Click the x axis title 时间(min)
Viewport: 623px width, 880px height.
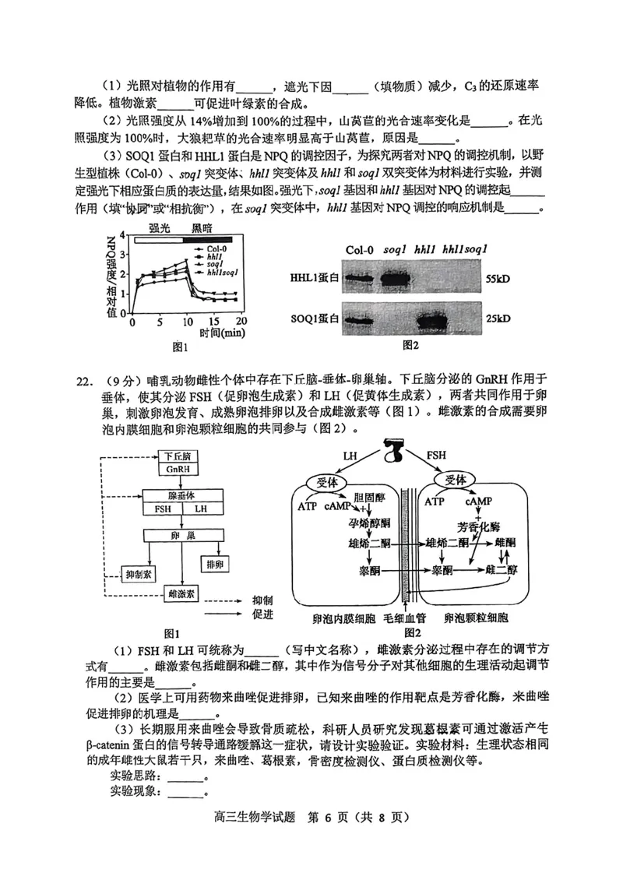[x=222, y=333]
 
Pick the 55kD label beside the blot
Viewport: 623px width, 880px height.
[x=497, y=278]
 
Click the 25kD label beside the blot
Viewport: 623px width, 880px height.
[x=497, y=319]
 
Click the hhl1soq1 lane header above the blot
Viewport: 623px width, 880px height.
[x=465, y=249]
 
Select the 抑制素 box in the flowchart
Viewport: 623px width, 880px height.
[x=142, y=574]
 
